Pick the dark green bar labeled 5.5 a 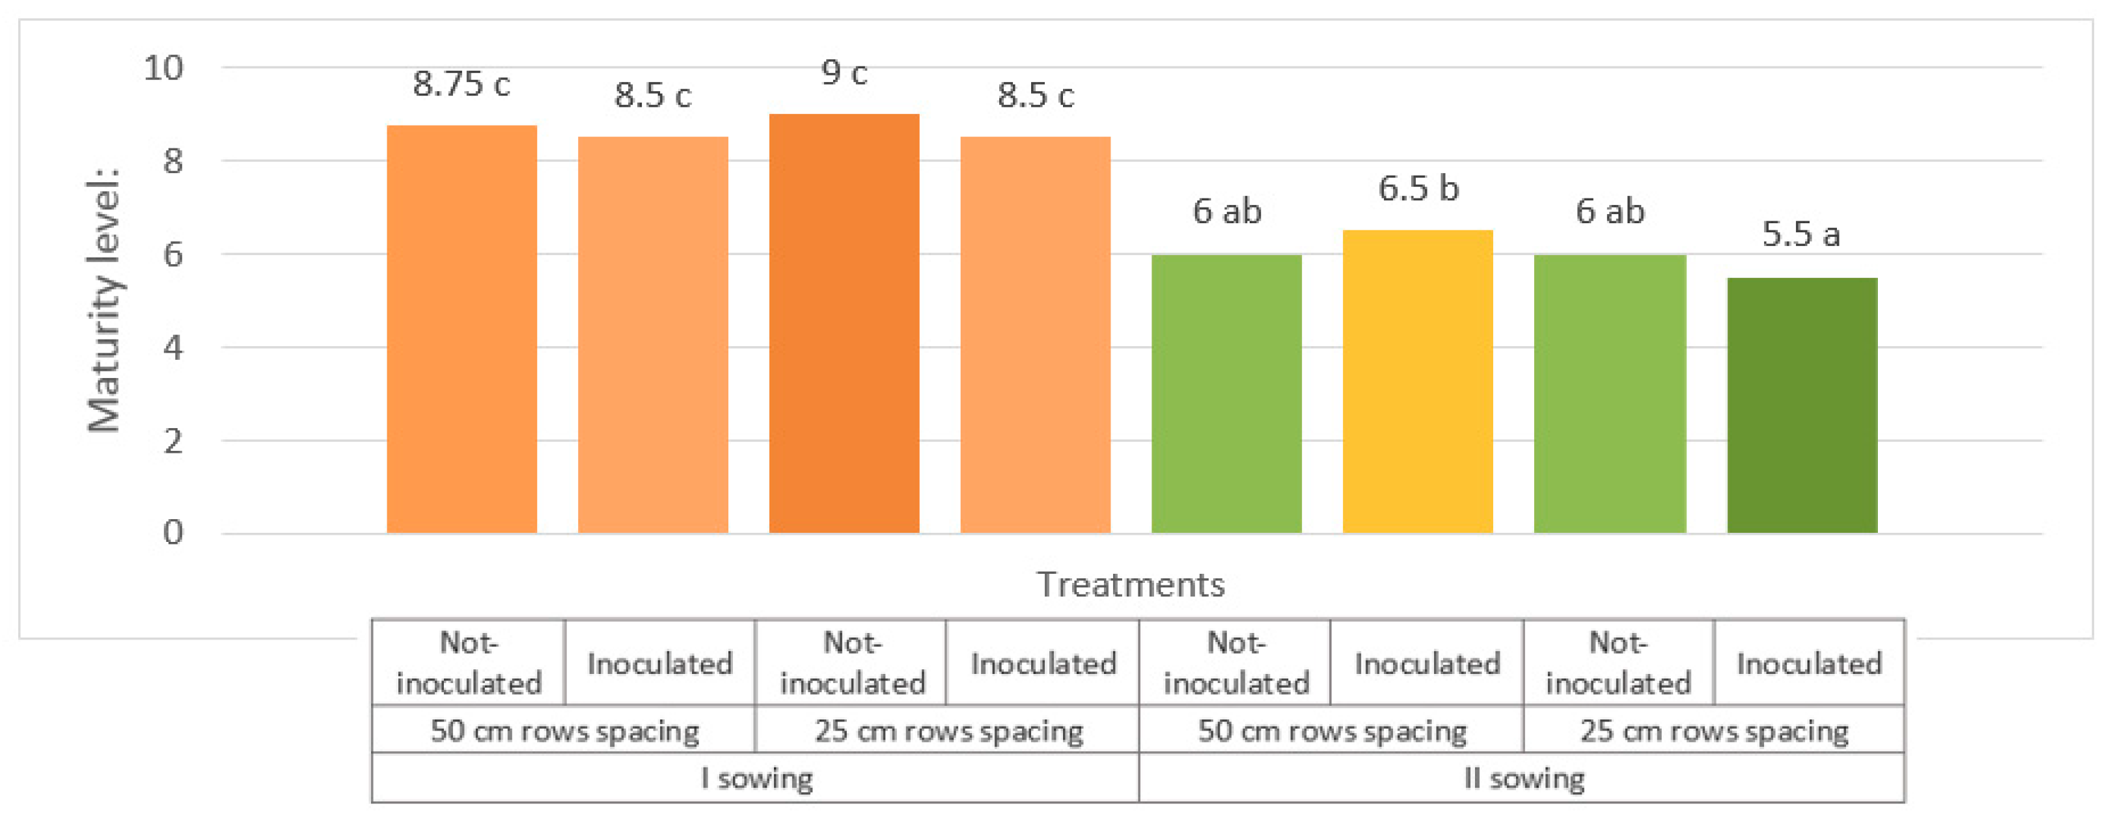tap(1801, 405)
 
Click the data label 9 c tap(844, 73)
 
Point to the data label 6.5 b tap(1418, 188)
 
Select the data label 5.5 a tap(1800, 234)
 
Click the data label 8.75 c tap(461, 83)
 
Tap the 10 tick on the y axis tap(164, 68)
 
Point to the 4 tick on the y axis tap(172, 348)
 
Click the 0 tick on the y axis tap(172, 533)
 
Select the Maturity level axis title tap(104, 301)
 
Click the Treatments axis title tap(1131, 584)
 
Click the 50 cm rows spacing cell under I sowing tap(564, 730)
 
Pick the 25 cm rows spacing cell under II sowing tap(1713, 730)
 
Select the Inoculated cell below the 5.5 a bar tap(1808, 663)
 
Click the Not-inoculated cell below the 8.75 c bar tap(468, 663)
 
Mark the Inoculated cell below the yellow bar tap(1426, 663)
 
